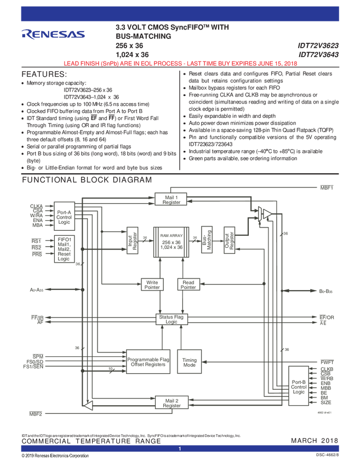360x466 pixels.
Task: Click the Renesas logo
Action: [x=53, y=34]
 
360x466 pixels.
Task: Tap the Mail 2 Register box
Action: [x=172, y=403]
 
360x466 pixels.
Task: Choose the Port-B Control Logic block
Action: [x=299, y=387]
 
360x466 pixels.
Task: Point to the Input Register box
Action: [x=132, y=241]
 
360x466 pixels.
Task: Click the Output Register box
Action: [x=228, y=241]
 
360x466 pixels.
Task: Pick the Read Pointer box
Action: [x=188, y=285]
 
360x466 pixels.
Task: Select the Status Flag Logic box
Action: [x=172, y=320]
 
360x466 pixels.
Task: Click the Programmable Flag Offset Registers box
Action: [x=146, y=362]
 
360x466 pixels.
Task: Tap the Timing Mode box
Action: [x=189, y=362]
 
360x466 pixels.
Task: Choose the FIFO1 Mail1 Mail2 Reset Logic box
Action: [x=64, y=248]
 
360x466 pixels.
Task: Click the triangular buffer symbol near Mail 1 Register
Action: [x=266, y=213]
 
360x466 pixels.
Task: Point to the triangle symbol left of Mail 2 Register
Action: [x=88, y=405]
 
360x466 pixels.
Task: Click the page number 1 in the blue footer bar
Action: [x=180, y=449]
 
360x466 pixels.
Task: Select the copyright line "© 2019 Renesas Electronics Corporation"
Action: [x=55, y=456]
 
